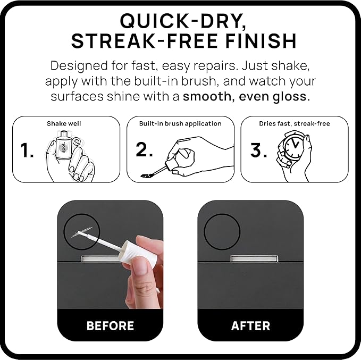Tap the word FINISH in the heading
point(261,41)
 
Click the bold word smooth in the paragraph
point(207,96)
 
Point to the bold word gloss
point(291,97)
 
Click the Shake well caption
point(64,124)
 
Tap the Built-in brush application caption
point(180,124)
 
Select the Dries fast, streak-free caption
point(295,124)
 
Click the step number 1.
point(27,150)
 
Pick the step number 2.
point(144,150)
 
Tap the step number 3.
point(258,150)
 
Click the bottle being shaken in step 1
point(62,146)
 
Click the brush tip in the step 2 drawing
point(147,175)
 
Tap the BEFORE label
point(110,326)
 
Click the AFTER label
point(250,326)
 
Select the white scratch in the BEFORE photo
point(81,232)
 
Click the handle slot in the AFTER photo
point(254,258)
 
